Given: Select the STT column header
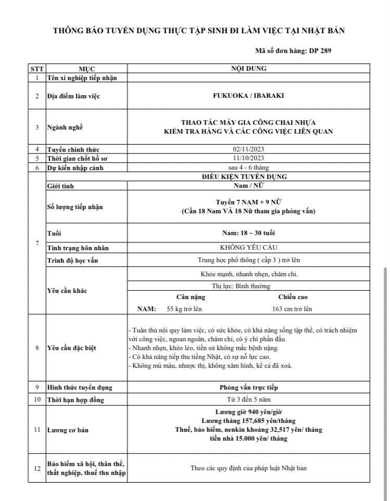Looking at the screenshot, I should [x=36, y=69].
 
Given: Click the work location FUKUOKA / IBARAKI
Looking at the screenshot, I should [x=249, y=96].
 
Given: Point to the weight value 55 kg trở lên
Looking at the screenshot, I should [x=185, y=309].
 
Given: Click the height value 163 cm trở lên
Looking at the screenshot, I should [x=292, y=309].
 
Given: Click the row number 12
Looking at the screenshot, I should [x=37, y=468].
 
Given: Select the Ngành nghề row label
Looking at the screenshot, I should [x=65, y=127].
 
